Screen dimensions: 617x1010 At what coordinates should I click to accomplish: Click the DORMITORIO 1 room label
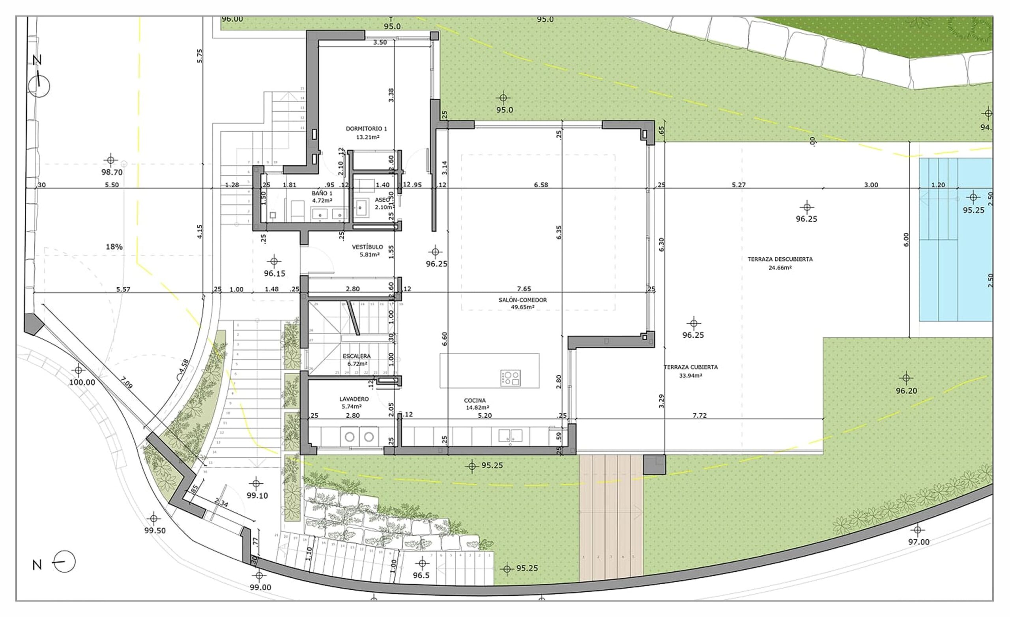366,129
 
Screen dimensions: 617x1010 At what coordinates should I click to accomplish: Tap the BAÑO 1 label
322,193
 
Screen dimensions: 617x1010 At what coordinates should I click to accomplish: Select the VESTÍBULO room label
367,247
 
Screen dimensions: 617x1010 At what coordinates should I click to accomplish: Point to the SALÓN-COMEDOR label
523,300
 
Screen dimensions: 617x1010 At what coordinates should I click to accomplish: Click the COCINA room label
475,400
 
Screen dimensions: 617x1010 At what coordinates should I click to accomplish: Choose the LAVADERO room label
354,399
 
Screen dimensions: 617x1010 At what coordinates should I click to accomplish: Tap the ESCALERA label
356,356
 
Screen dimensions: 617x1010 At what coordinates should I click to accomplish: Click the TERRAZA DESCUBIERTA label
780,259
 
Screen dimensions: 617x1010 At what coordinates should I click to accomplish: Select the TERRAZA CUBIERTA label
691,367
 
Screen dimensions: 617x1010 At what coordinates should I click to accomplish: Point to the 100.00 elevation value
82,383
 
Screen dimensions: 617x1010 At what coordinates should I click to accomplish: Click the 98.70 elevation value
112,172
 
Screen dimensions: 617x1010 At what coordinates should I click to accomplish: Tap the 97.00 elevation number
918,542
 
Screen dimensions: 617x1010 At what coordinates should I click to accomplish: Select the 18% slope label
114,247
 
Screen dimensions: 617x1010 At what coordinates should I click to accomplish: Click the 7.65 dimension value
524,289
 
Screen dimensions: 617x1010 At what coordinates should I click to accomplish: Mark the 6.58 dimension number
541,185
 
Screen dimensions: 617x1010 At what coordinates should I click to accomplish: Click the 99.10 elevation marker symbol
256,484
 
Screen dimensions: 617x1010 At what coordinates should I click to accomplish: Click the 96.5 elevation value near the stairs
421,576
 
